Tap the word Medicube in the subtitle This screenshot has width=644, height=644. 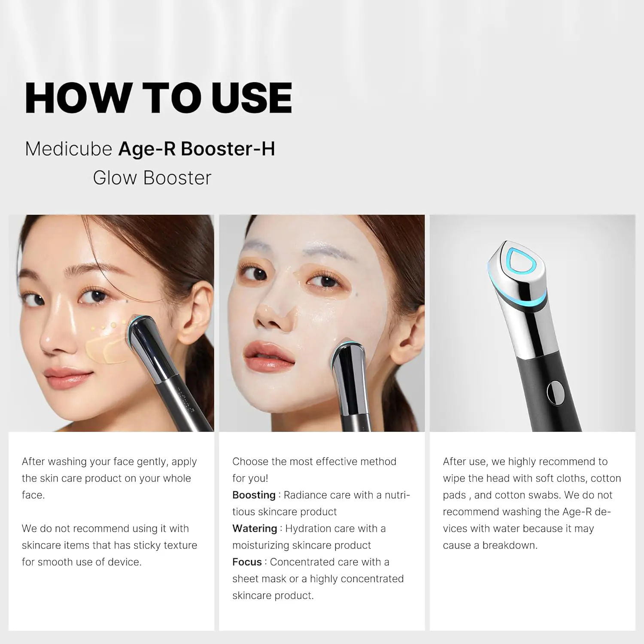(69, 149)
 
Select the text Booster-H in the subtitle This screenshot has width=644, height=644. (228, 149)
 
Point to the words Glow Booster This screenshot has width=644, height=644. (152, 178)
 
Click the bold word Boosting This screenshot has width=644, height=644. (254, 495)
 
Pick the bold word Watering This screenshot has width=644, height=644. (255, 529)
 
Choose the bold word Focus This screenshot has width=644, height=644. (247, 562)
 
